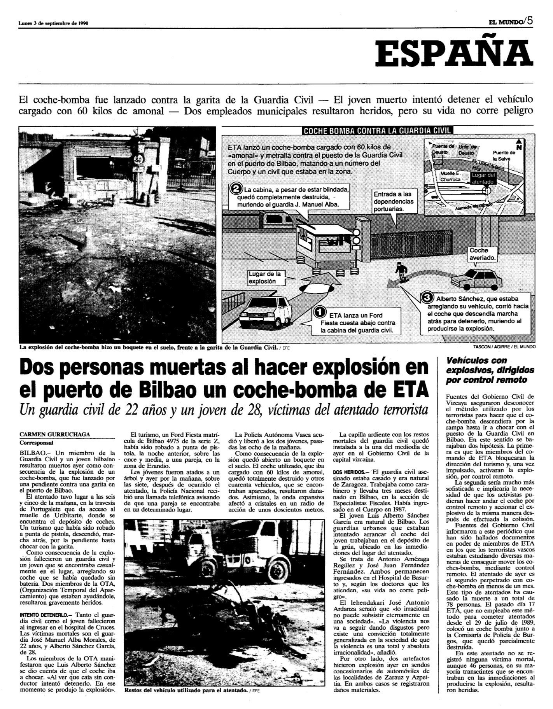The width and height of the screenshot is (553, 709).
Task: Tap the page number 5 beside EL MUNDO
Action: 530,22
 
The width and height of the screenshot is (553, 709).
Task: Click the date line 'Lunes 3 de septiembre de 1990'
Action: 53,23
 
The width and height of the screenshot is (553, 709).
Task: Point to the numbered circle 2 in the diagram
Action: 236,190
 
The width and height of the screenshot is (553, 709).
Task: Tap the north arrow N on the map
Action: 519,145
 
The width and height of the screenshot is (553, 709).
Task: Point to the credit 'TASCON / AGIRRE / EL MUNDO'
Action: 503,346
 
